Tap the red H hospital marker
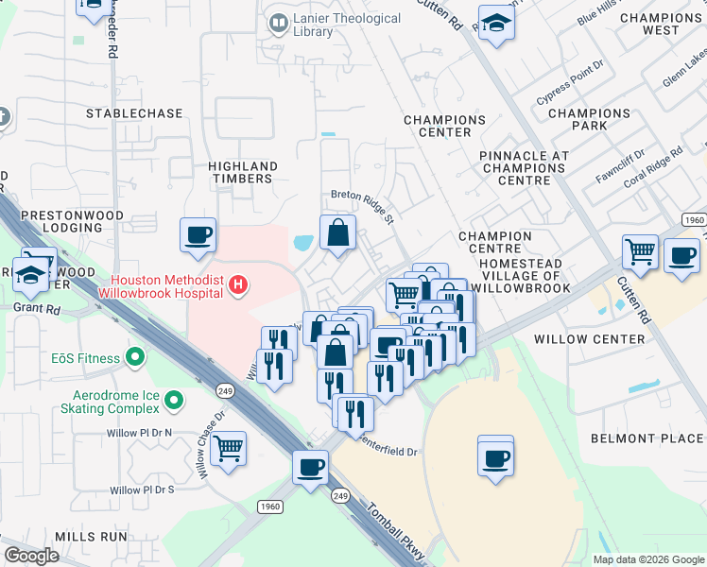point(240,283)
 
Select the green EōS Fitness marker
point(136,358)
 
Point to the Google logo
point(31,556)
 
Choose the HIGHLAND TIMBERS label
point(240,171)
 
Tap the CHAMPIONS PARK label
point(589,119)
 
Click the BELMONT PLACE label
point(647,438)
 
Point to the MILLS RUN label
point(91,536)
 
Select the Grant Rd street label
point(35,308)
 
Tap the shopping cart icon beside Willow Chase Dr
point(229,448)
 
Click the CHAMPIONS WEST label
point(661,24)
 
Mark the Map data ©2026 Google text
point(648,559)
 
